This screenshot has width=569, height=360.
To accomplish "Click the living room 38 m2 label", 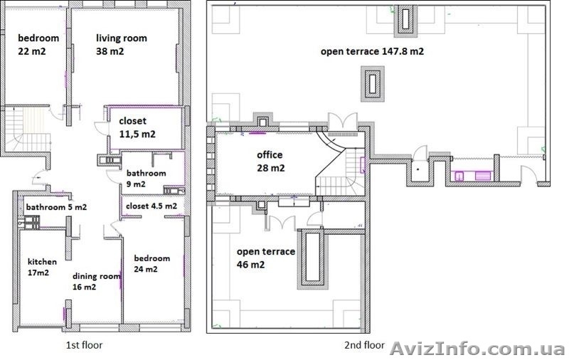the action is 122,45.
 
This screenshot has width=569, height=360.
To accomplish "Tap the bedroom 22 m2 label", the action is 38,45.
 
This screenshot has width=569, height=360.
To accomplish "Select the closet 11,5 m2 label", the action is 137,127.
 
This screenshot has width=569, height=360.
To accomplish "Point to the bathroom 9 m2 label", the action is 146,178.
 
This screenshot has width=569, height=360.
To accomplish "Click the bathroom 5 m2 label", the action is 56,207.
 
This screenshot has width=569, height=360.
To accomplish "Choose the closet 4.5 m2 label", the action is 151,206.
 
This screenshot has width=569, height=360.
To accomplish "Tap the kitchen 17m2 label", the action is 42,267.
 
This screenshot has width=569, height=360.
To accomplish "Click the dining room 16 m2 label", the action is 96,281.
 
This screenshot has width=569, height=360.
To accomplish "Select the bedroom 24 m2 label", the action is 151,263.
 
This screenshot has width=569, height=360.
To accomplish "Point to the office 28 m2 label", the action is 270,161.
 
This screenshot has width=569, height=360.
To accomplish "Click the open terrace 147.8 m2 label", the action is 372,51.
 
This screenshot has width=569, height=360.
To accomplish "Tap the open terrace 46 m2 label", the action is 265,258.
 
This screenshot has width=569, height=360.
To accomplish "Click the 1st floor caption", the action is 84,345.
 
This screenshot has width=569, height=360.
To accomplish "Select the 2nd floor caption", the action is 364,345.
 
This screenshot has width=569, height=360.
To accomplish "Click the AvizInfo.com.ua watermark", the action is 477,349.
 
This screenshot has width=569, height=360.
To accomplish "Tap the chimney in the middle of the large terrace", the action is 372,83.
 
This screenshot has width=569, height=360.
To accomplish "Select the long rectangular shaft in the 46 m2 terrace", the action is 312,258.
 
